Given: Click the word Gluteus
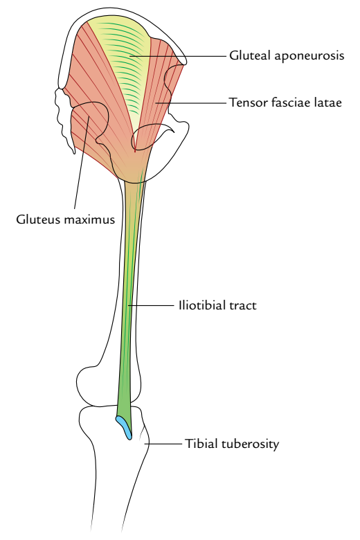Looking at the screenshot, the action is click(37, 219).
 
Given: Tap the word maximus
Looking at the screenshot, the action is click(88, 219).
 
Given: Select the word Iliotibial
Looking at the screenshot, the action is click(201, 305).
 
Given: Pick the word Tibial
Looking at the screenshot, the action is click(201, 443).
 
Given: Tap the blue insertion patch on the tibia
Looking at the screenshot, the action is click(124, 427).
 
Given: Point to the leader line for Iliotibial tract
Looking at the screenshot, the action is click(151, 305).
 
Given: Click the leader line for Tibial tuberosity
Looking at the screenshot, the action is click(163, 444).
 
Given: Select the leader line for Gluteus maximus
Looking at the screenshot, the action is click(82, 162).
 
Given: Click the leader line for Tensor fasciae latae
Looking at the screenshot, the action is click(190, 102).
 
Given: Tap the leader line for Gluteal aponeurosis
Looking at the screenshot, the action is click(178, 55).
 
